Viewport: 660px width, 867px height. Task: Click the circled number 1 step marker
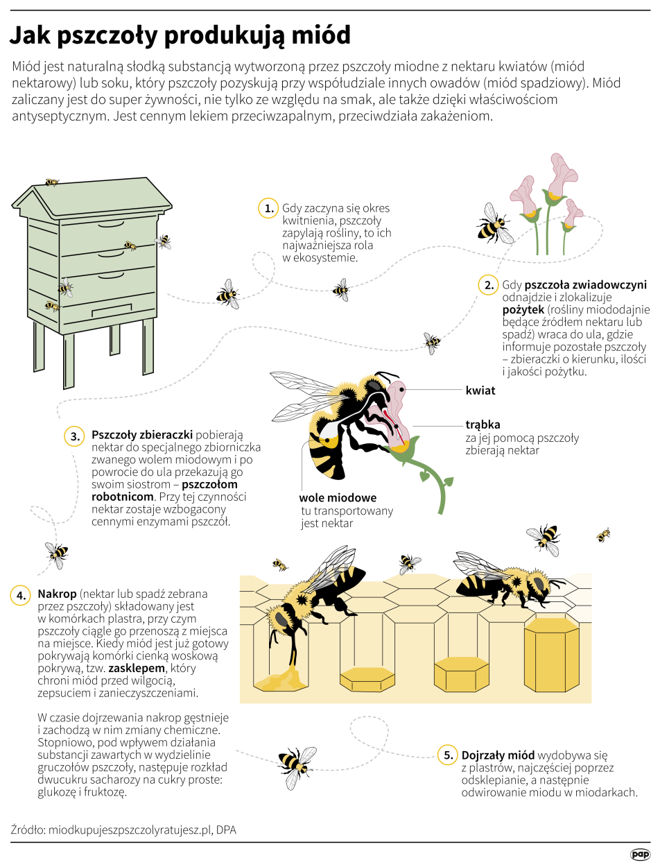[x=268, y=209]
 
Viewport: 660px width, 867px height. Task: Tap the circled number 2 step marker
[x=488, y=284]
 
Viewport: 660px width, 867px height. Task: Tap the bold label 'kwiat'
[x=480, y=390]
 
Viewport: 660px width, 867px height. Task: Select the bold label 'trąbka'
[x=483, y=424]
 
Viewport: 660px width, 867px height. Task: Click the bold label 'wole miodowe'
[x=338, y=498]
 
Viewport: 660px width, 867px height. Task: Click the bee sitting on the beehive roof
[x=51, y=182]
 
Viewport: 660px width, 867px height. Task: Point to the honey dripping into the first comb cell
[x=284, y=679]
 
